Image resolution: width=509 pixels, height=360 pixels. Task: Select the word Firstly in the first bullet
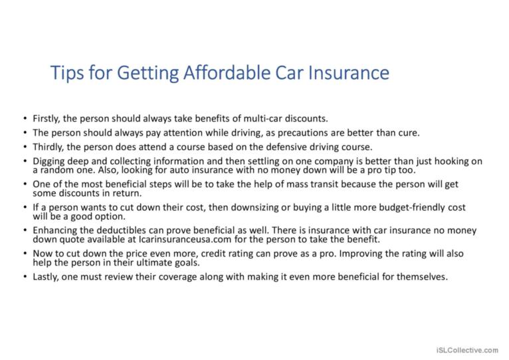47,119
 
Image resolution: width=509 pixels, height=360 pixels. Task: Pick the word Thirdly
49,147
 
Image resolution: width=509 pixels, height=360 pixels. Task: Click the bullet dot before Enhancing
25,230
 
